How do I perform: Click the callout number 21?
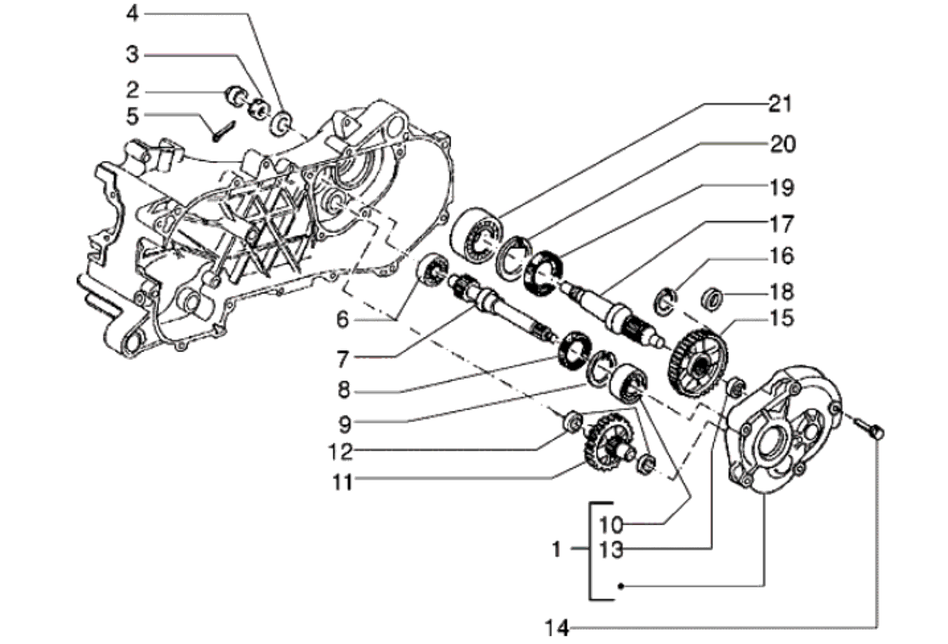780,104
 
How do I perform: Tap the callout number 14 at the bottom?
556,628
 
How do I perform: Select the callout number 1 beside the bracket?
556,550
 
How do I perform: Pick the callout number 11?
342,483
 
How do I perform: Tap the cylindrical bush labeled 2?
236,94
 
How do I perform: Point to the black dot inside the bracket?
621,587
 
